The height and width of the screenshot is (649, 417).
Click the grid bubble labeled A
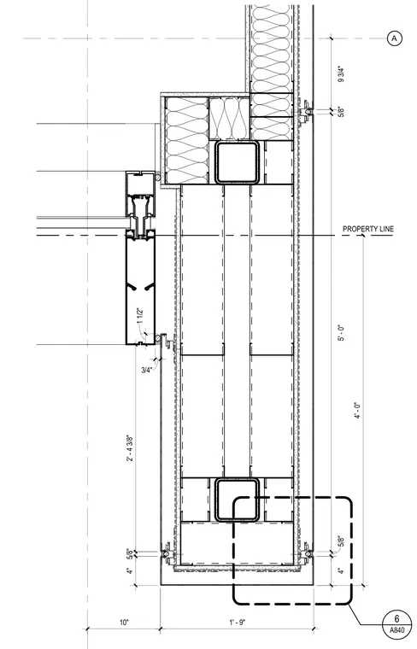394,38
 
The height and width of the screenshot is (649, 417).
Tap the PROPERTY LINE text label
368,229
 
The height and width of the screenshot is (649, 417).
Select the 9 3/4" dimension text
341,74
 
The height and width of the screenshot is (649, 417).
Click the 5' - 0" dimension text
341,333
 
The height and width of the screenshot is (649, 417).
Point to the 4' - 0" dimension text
357,410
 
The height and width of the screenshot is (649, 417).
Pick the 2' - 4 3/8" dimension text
129,447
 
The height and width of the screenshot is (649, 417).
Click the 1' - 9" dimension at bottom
237,622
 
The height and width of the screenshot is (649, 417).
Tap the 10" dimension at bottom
124,622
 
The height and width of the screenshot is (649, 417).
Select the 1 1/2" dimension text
140,316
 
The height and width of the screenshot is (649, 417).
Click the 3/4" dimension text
147,370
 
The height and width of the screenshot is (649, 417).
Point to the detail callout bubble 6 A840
396,623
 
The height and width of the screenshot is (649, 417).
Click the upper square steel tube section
237,162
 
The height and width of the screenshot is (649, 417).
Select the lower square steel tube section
237,500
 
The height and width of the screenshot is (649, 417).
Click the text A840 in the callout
396,630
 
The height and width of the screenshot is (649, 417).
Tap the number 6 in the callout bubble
396,619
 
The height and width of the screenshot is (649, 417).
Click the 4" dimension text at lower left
130,570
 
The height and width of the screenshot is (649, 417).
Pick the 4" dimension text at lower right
341,570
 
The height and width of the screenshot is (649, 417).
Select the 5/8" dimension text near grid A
341,112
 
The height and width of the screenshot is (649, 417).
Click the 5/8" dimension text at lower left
130,553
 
